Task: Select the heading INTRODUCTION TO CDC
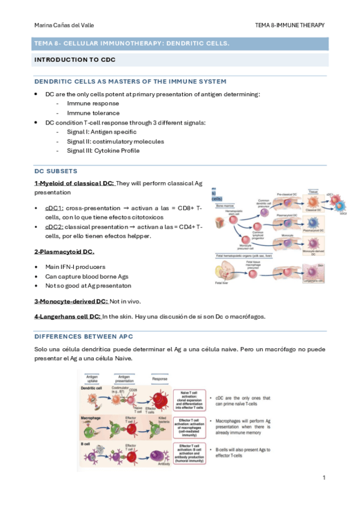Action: (75, 60)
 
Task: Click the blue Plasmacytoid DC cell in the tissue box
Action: (313, 221)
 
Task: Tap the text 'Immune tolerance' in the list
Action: (93, 113)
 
